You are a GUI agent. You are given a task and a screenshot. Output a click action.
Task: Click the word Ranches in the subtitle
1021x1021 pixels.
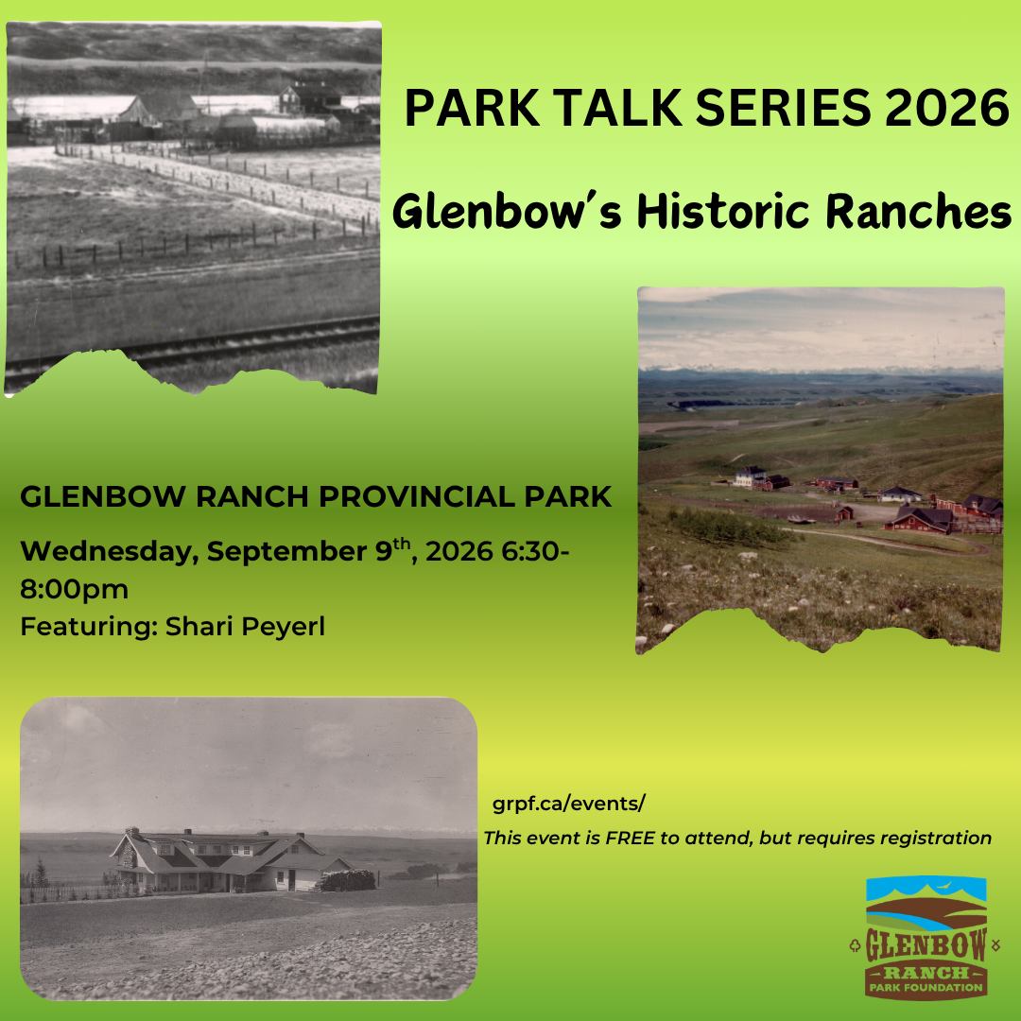pyautogui.click(x=918, y=212)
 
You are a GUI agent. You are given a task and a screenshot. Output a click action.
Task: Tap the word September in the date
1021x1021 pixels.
pyautogui.click(x=286, y=552)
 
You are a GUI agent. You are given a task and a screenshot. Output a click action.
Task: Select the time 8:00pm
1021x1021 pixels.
pyautogui.click(x=75, y=589)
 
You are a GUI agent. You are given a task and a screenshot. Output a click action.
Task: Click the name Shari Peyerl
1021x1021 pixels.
pyautogui.click(x=245, y=627)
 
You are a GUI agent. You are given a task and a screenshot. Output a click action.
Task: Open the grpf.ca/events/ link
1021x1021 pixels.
pyautogui.click(x=568, y=804)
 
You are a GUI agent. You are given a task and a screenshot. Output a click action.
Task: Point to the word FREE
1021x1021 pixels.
pyautogui.click(x=630, y=838)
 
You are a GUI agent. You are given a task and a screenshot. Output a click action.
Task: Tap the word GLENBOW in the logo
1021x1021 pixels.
pyautogui.click(x=926, y=944)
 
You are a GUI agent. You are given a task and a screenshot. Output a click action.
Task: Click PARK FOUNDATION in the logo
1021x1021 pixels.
pyautogui.click(x=926, y=988)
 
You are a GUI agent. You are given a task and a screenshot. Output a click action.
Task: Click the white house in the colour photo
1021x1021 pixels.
pyautogui.click(x=750, y=476)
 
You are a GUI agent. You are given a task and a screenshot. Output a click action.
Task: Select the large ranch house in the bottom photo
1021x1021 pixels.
pyautogui.click(x=232, y=860)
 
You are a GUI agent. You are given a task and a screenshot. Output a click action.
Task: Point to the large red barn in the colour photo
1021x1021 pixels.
pyautogui.click(x=920, y=520)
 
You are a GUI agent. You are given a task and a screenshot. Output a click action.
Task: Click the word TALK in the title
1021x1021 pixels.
pyautogui.click(x=617, y=108)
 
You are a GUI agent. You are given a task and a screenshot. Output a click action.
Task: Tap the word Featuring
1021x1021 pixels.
pyautogui.click(x=89, y=627)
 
